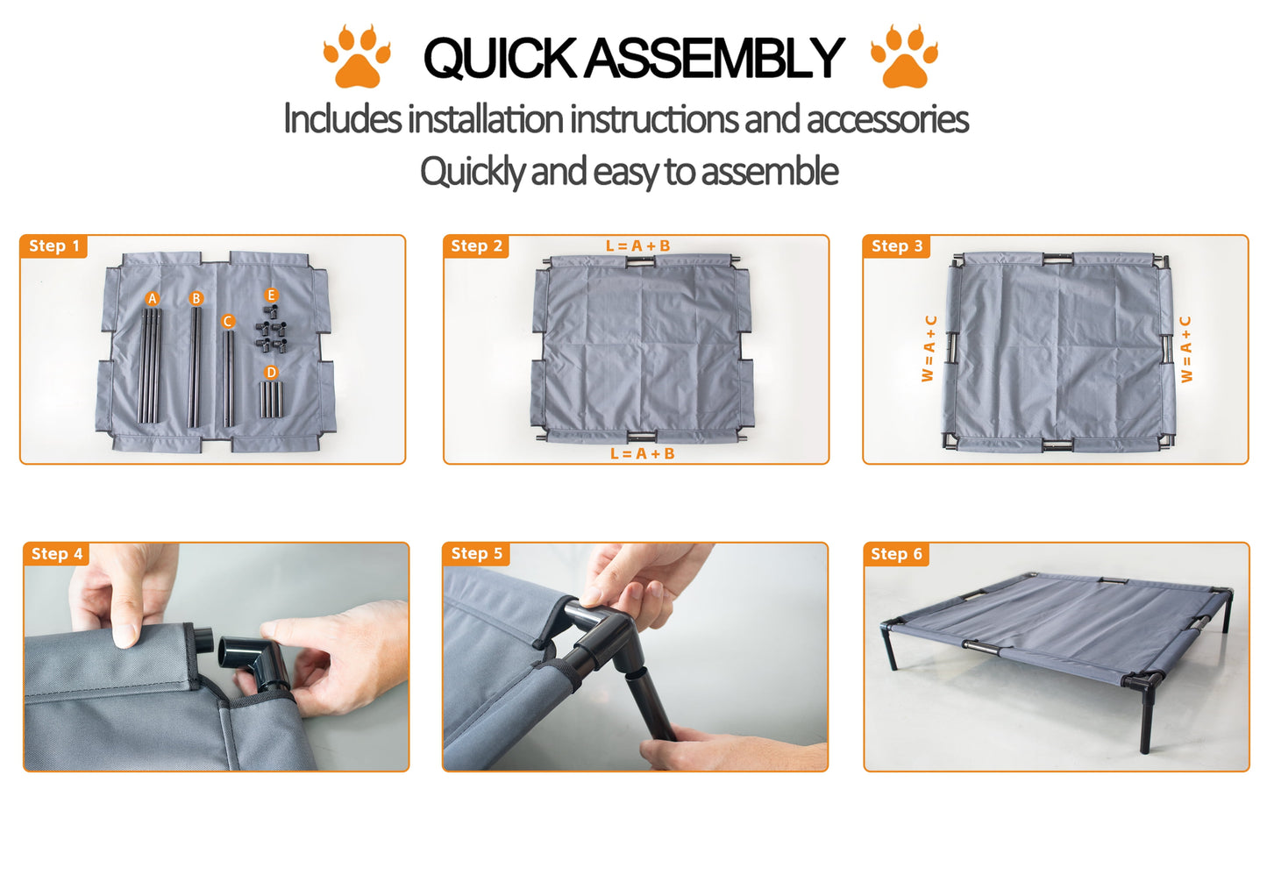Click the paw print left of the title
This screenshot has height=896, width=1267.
coord(357,56)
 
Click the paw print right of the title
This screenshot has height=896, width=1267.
coord(904,56)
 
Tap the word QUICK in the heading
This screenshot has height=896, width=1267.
coord(500,57)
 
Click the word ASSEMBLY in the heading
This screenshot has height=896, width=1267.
coord(714,57)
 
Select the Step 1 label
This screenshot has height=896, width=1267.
coord(53,246)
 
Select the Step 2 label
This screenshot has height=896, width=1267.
coord(476,246)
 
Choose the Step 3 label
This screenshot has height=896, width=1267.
coord(896,246)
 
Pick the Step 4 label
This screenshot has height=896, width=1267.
coord(57,554)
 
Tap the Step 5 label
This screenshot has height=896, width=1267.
coord(476,554)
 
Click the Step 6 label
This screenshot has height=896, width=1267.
coord(896,554)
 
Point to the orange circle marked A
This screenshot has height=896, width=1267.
coord(152,299)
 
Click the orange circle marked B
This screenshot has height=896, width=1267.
coord(196,298)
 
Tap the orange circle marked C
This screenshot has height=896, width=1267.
coord(227,321)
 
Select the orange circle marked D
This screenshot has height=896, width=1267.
coord(272,373)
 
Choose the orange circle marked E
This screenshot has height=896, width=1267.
coord(272,295)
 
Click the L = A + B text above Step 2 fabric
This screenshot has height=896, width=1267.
coord(638,246)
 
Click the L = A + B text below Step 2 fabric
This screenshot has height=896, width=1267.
coord(643,453)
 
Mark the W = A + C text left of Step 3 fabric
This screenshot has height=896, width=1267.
coord(929,348)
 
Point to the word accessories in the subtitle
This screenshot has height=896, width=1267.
coord(887,119)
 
